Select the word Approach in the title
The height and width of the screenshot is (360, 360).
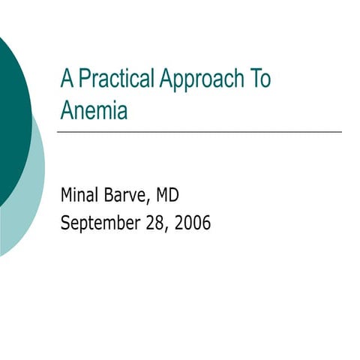(x=196, y=79)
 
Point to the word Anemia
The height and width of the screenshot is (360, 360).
(x=94, y=111)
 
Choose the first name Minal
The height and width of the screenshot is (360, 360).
(x=79, y=196)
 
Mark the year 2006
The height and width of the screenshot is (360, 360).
(x=192, y=223)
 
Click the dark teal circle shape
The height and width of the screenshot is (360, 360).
(x=11, y=120)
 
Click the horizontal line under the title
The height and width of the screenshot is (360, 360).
(x=199, y=132)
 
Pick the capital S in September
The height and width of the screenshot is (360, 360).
(x=65, y=223)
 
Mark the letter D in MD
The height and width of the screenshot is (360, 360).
(x=173, y=196)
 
